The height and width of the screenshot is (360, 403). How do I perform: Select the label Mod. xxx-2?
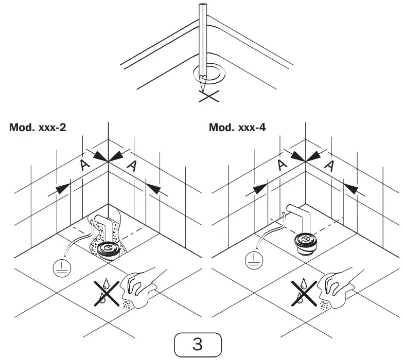point(37,127)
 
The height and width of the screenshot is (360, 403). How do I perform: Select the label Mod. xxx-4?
point(237,127)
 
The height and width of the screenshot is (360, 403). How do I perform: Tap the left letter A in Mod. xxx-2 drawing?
point(85,165)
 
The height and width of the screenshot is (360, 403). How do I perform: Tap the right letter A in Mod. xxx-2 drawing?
point(132,165)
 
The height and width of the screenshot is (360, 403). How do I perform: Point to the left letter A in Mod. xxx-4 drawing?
point(282,165)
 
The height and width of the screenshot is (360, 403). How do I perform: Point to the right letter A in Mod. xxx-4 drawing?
point(329,165)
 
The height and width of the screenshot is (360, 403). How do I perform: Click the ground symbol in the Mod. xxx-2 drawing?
point(60,266)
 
